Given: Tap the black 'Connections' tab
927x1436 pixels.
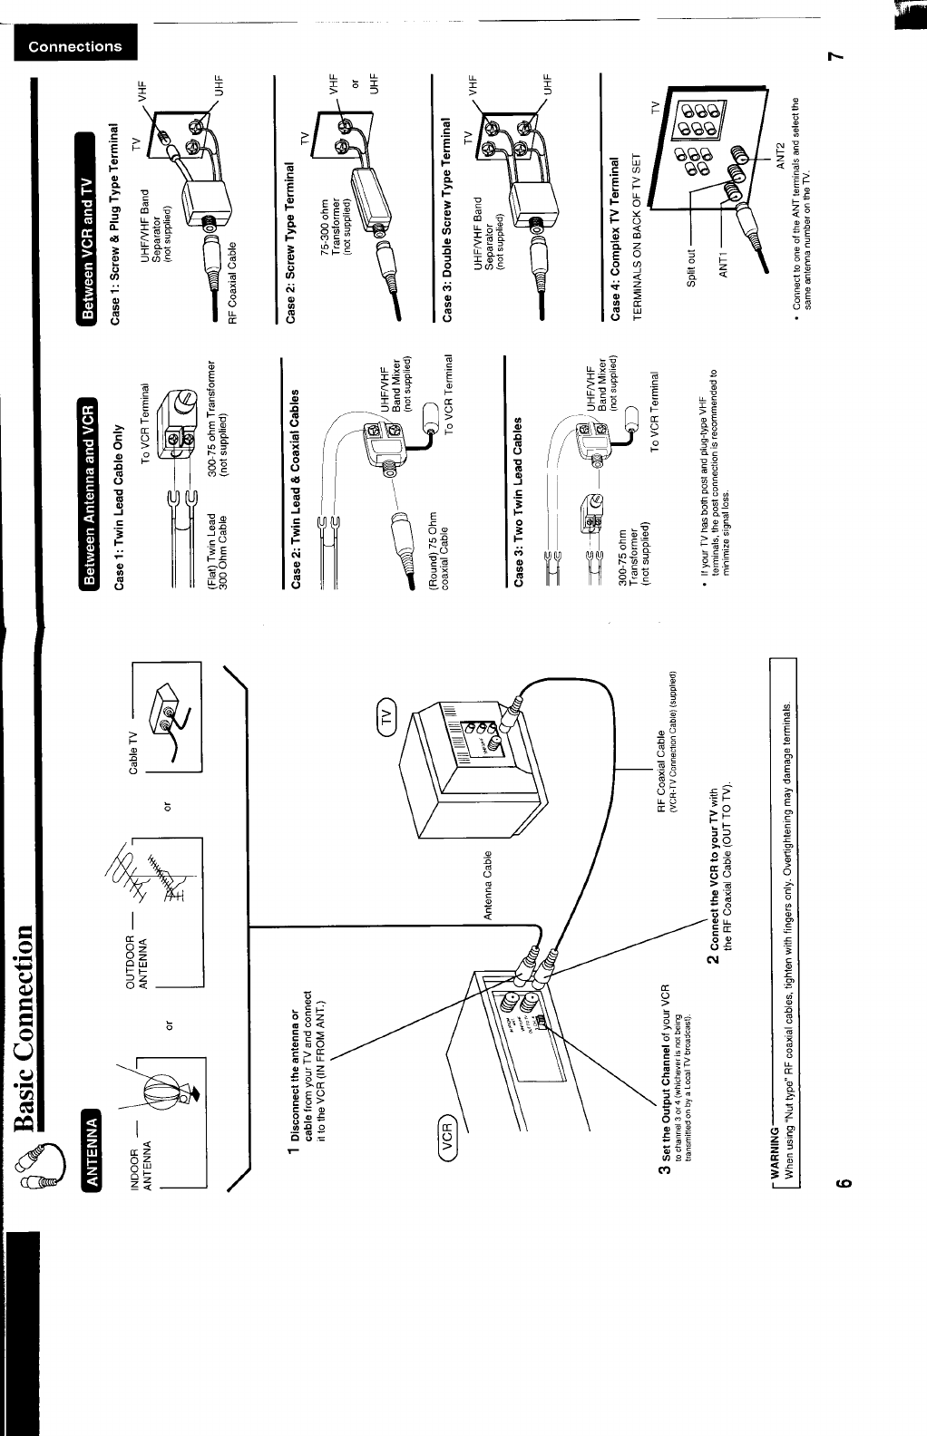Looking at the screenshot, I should coord(74,46).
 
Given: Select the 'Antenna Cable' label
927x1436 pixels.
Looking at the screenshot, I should coord(488,885).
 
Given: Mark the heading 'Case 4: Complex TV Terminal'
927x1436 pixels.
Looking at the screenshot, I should coord(615,238).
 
